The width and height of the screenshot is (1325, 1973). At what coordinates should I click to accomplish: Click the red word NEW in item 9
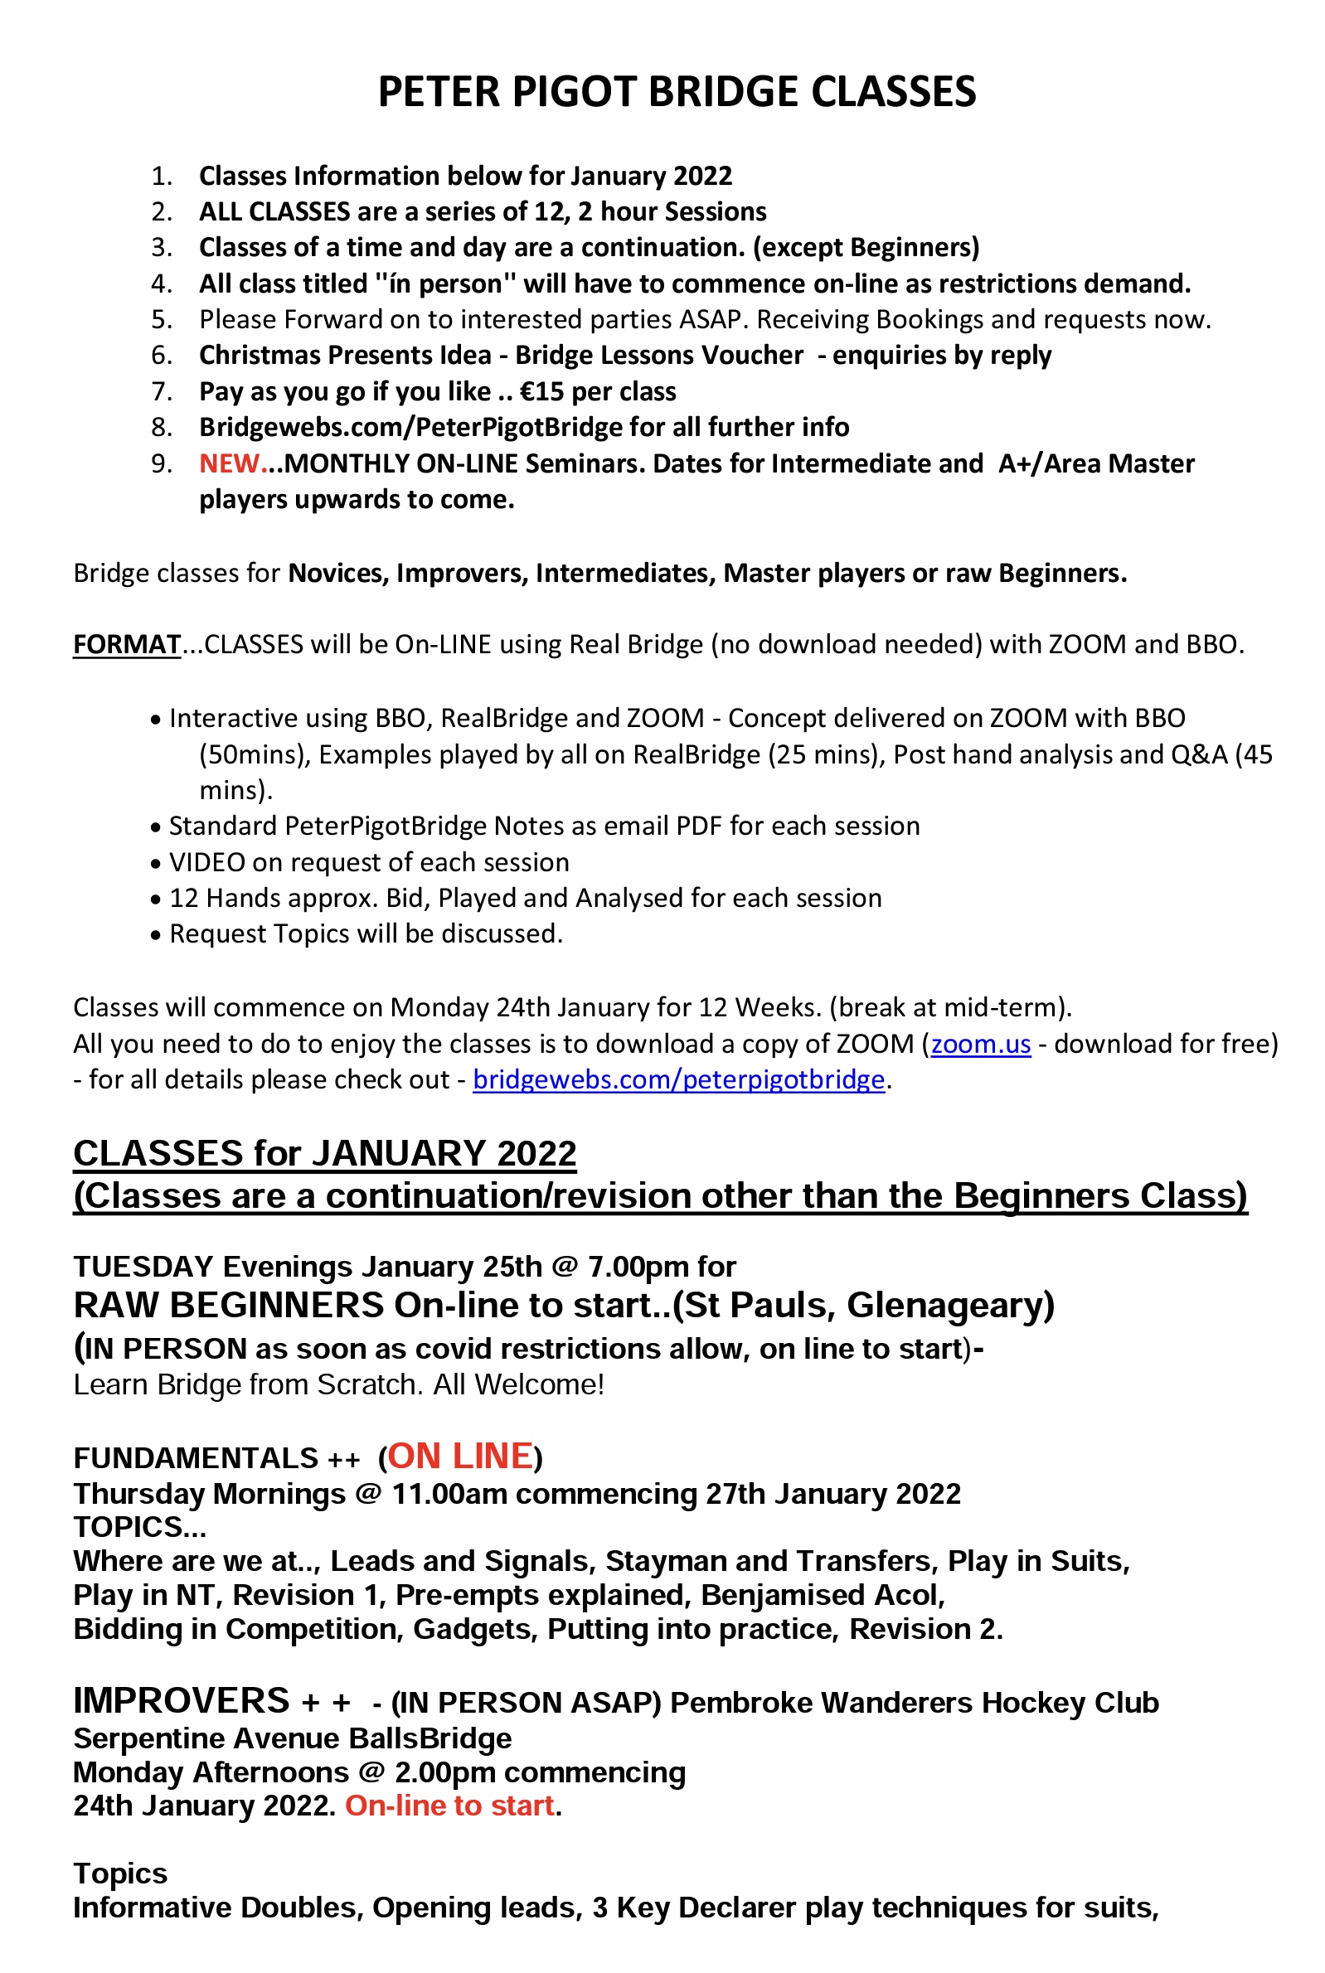point(229,463)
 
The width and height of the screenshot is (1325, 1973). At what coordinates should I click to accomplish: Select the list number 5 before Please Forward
point(163,319)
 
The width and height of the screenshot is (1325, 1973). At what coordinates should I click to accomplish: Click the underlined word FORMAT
point(127,643)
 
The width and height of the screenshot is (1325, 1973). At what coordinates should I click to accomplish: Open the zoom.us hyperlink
point(980,1044)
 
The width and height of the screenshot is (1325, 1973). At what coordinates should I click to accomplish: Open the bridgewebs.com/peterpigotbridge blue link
point(678,1079)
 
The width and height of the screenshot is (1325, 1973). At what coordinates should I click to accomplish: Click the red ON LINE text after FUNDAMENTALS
point(460,1456)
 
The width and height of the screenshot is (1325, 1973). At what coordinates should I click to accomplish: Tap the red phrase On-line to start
point(450,1805)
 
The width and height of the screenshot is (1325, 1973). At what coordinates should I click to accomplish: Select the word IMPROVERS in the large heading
point(182,1700)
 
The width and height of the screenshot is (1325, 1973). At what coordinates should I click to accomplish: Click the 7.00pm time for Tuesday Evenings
point(638,1267)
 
